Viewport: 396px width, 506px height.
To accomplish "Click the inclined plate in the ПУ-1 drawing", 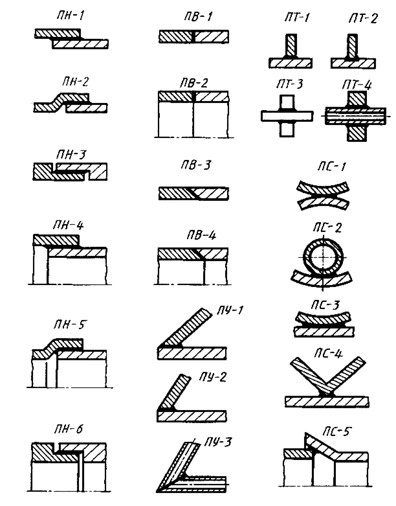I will (187, 328).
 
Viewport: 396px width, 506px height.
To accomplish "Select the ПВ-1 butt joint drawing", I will (193, 38).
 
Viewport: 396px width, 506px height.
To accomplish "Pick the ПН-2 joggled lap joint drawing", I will (71, 104).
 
